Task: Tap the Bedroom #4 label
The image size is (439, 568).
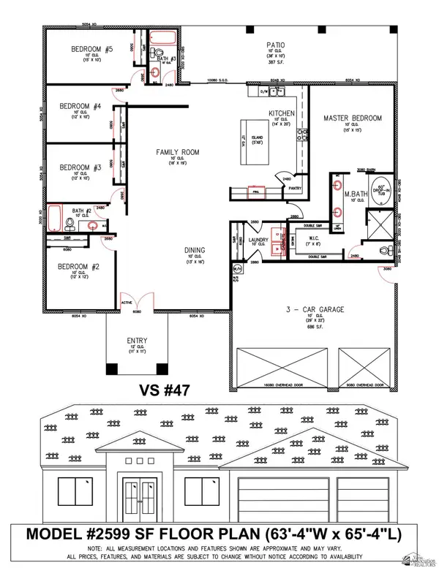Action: [77, 106]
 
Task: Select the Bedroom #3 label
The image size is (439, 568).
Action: [76, 167]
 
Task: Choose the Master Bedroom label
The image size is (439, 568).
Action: [353, 118]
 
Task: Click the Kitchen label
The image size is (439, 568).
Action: [281, 114]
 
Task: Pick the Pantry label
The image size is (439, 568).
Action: [296, 188]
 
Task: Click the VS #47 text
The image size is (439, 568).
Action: [164, 390]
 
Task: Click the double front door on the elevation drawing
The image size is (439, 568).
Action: [140, 499]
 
